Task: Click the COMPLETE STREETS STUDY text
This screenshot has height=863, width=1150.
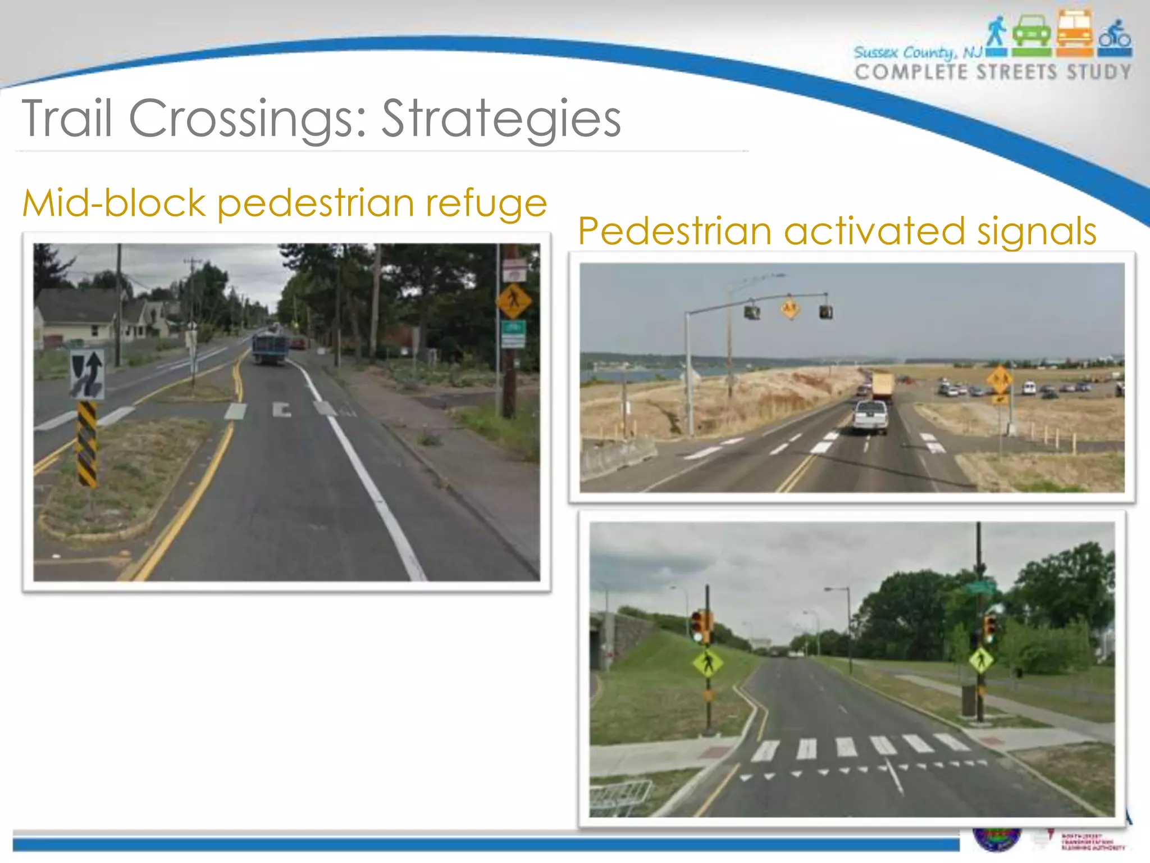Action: (x=993, y=72)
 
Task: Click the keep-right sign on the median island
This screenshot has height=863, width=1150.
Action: (x=87, y=374)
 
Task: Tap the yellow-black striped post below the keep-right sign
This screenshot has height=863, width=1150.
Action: (x=86, y=444)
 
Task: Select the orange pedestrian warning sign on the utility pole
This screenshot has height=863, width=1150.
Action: (x=513, y=301)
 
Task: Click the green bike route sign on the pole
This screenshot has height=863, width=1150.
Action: (x=513, y=334)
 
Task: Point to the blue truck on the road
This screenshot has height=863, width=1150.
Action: (x=270, y=348)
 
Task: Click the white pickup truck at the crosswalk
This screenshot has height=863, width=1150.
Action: (x=870, y=416)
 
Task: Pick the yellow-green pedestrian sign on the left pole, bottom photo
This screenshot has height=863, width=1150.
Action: (x=708, y=664)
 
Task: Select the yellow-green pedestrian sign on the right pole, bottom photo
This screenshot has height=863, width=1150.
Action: (x=981, y=660)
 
